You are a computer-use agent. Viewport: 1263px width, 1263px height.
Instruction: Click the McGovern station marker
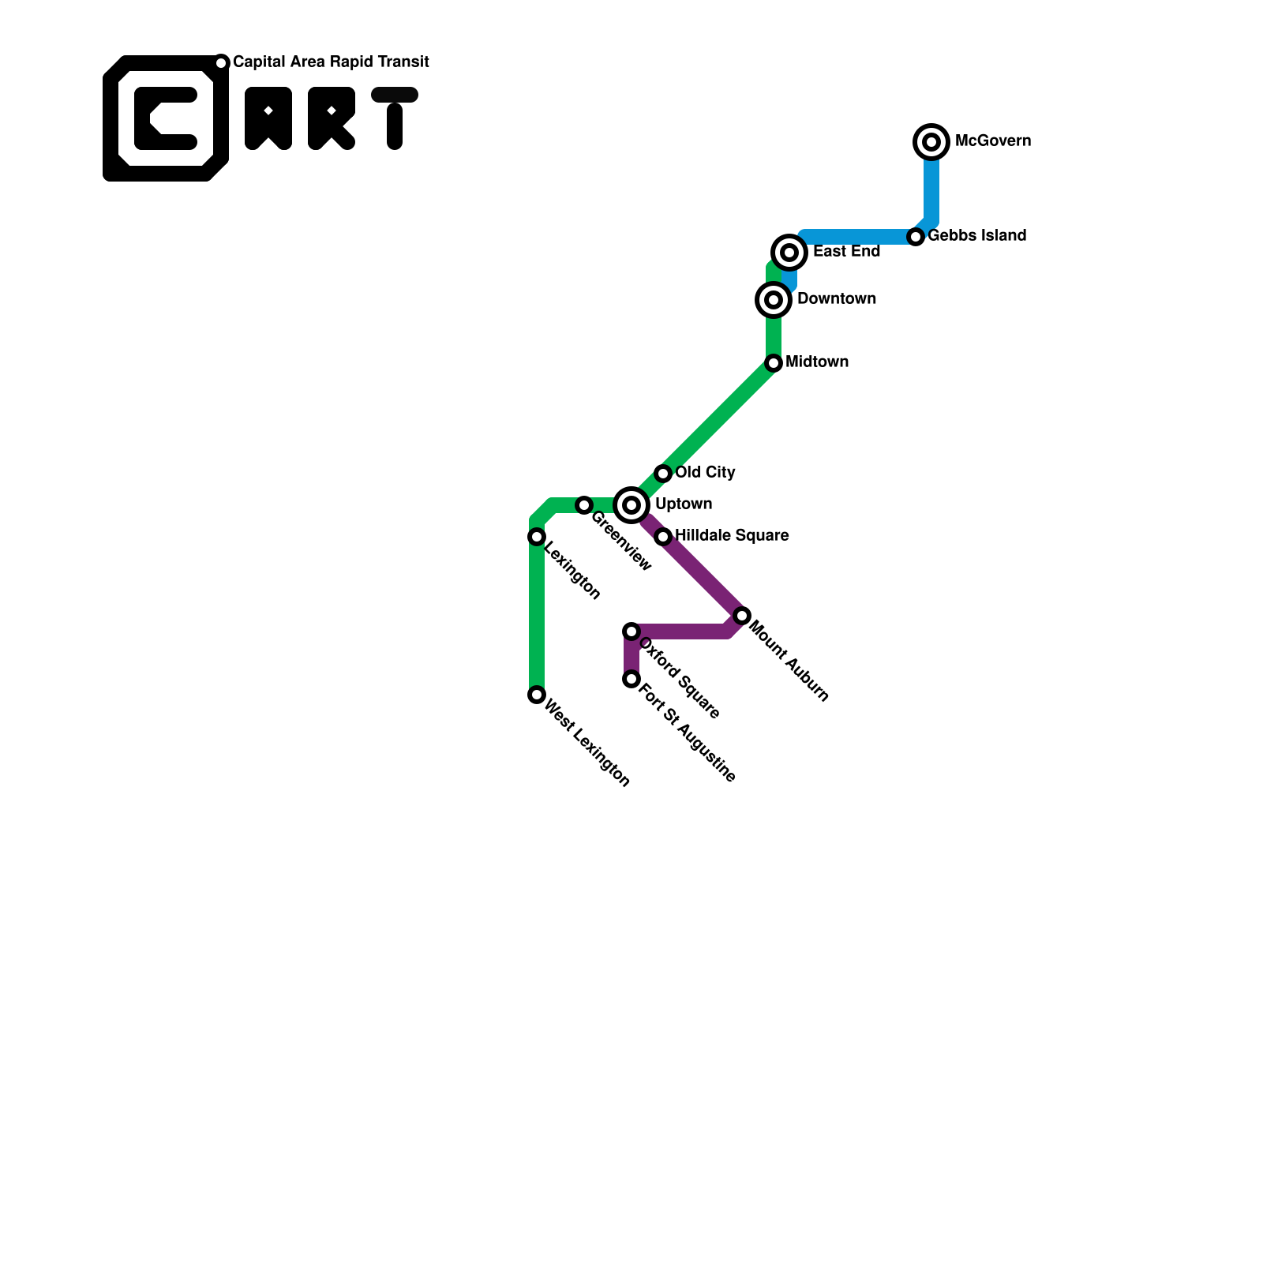click(931, 142)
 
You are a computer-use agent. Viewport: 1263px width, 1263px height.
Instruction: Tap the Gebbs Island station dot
click(916, 237)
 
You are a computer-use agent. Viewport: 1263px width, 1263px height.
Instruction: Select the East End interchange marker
click(789, 253)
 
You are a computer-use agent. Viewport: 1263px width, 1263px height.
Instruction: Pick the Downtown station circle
click(774, 300)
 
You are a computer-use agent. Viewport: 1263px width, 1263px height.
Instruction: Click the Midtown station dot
click(774, 363)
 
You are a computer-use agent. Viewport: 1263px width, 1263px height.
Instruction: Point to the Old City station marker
click(663, 474)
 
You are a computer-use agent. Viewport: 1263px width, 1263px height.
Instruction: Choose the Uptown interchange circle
click(631, 505)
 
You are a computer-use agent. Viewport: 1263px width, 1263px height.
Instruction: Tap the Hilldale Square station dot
click(663, 537)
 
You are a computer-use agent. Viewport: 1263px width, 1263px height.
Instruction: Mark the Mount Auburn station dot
click(742, 616)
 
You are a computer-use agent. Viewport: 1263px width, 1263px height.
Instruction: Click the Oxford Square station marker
click(631, 631)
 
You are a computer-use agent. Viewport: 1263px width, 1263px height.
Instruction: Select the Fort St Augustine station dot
click(631, 679)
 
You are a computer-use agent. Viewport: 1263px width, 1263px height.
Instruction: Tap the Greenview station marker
click(584, 505)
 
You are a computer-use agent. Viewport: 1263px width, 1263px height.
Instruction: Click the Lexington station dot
click(537, 537)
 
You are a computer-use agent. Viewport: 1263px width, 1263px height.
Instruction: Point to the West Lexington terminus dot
click(537, 695)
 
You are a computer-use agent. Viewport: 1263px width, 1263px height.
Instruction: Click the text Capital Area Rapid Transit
click(331, 62)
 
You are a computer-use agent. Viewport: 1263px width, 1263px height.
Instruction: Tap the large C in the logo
click(165, 118)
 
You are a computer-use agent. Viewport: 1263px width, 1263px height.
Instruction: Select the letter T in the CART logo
click(395, 118)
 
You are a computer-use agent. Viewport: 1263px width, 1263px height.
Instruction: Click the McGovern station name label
click(992, 141)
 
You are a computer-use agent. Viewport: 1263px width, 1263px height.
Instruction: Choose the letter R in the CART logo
click(331, 118)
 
